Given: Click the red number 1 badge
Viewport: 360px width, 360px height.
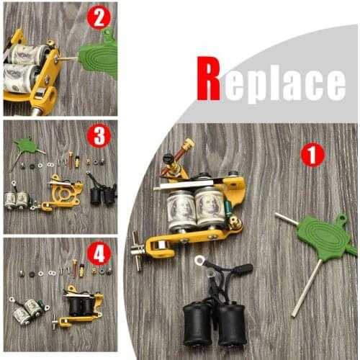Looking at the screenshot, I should pyautogui.click(x=312, y=154).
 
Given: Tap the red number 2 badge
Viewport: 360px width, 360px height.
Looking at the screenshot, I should pyautogui.click(x=99, y=18).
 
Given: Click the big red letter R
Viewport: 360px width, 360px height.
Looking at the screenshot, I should pyautogui.click(x=208, y=79).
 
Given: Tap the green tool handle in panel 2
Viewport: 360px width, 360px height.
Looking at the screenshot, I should pyautogui.click(x=98, y=58).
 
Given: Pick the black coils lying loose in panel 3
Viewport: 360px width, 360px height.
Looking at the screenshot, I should pyautogui.click(x=102, y=193).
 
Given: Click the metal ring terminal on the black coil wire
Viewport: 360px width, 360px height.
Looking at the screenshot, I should pyautogui.click(x=199, y=261).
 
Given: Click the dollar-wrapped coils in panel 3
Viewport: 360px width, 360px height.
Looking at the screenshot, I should pyautogui.click(x=17, y=199).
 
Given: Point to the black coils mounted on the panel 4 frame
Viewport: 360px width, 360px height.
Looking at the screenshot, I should pyautogui.click(x=81, y=305).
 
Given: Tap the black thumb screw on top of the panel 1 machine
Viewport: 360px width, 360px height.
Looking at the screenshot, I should pyautogui.click(x=168, y=160).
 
